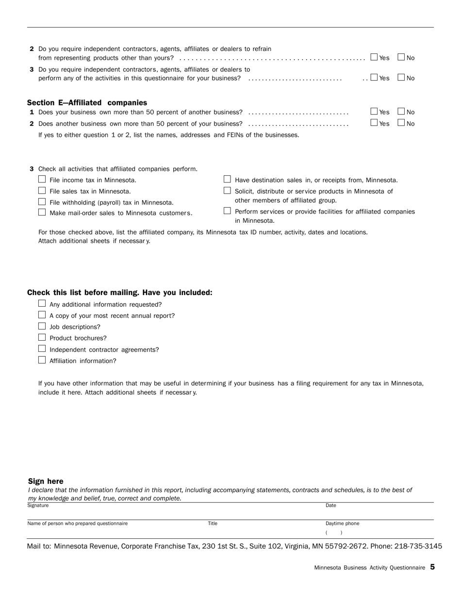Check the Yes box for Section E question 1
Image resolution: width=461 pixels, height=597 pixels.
[x=374, y=112]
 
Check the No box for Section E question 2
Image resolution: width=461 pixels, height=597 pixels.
[x=401, y=123]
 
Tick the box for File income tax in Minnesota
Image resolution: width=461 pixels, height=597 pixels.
[x=42, y=180]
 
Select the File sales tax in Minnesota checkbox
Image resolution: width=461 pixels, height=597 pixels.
[x=42, y=191]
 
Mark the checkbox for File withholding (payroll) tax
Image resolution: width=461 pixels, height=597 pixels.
[x=42, y=202]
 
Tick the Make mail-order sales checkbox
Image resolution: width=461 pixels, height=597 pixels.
[x=42, y=213]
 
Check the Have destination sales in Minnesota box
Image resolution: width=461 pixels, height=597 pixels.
[x=227, y=180]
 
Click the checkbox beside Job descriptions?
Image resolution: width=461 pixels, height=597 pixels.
[x=42, y=327]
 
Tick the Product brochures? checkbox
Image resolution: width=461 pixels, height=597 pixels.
[x=42, y=338]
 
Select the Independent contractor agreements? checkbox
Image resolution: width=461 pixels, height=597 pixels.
[x=42, y=349]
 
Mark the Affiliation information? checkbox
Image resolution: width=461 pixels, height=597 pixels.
[x=42, y=360]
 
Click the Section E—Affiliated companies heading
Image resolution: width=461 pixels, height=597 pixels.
[x=87, y=103]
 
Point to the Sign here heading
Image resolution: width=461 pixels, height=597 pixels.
[x=46, y=481]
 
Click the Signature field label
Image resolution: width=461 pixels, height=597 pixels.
[x=38, y=506]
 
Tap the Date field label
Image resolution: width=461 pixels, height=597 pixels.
[x=331, y=506]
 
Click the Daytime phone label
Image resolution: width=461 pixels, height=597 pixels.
[x=342, y=524]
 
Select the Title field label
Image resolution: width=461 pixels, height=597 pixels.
[x=213, y=524]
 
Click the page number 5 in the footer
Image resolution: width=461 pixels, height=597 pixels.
[x=432, y=567]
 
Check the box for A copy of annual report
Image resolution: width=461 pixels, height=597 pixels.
[x=42, y=315]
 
